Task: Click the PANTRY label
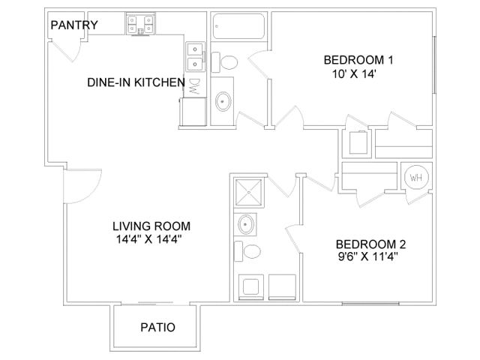[x=73, y=25]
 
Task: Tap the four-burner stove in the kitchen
[x=140, y=25]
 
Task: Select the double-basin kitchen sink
[x=194, y=55]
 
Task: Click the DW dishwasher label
[x=194, y=86]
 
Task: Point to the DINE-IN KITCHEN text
[x=135, y=82]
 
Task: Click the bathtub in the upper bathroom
[x=238, y=26]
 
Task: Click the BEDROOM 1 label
[x=358, y=60]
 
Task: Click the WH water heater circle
[x=415, y=178]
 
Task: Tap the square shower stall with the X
[x=245, y=193]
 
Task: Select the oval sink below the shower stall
[x=245, y=223]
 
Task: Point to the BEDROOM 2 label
[x=370, y=244]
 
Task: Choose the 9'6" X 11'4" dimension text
[x=366, y=257]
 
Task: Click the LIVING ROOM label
[x=151, y=226]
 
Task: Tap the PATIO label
[x=157, y=327]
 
